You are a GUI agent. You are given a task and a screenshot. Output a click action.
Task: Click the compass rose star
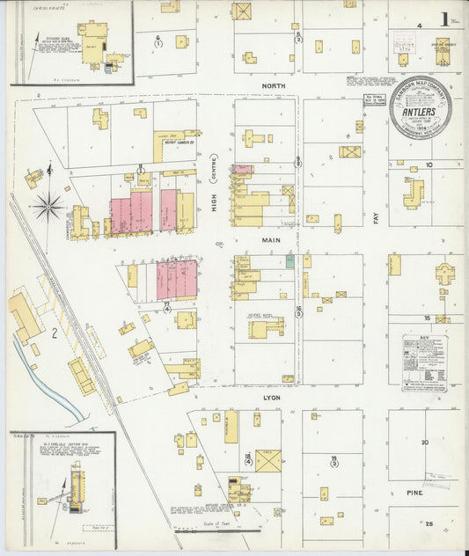click(48, 208)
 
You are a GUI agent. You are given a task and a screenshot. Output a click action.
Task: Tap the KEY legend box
click(424, 359)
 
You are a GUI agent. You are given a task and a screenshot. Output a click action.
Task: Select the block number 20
click(424, 442)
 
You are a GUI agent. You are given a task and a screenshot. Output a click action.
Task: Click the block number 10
click(429, 165)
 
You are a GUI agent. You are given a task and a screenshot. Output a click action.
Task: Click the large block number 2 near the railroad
click(54, 333)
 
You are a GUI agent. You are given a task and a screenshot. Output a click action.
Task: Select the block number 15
click(425, 317)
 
